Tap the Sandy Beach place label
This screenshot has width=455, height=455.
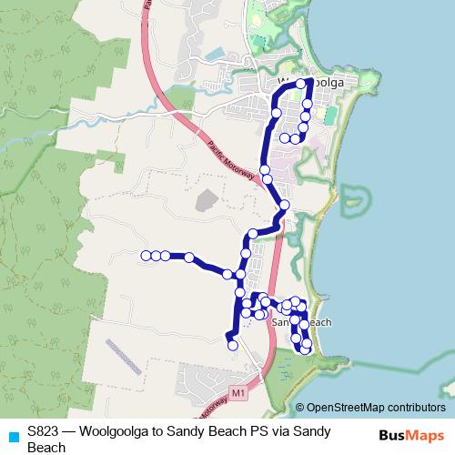point(301,322)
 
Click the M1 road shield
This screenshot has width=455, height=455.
point(238,392)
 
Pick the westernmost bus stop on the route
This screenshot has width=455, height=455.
point(146,256)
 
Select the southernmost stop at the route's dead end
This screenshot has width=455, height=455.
point(232,345)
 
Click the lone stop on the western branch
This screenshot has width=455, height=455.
point(189,258)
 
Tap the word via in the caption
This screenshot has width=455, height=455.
point(279,430)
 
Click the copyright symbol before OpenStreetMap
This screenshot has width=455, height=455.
point(299,408)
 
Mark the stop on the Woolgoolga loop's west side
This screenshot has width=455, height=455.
point(276,113)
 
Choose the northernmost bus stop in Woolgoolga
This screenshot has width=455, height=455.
point(301,84)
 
